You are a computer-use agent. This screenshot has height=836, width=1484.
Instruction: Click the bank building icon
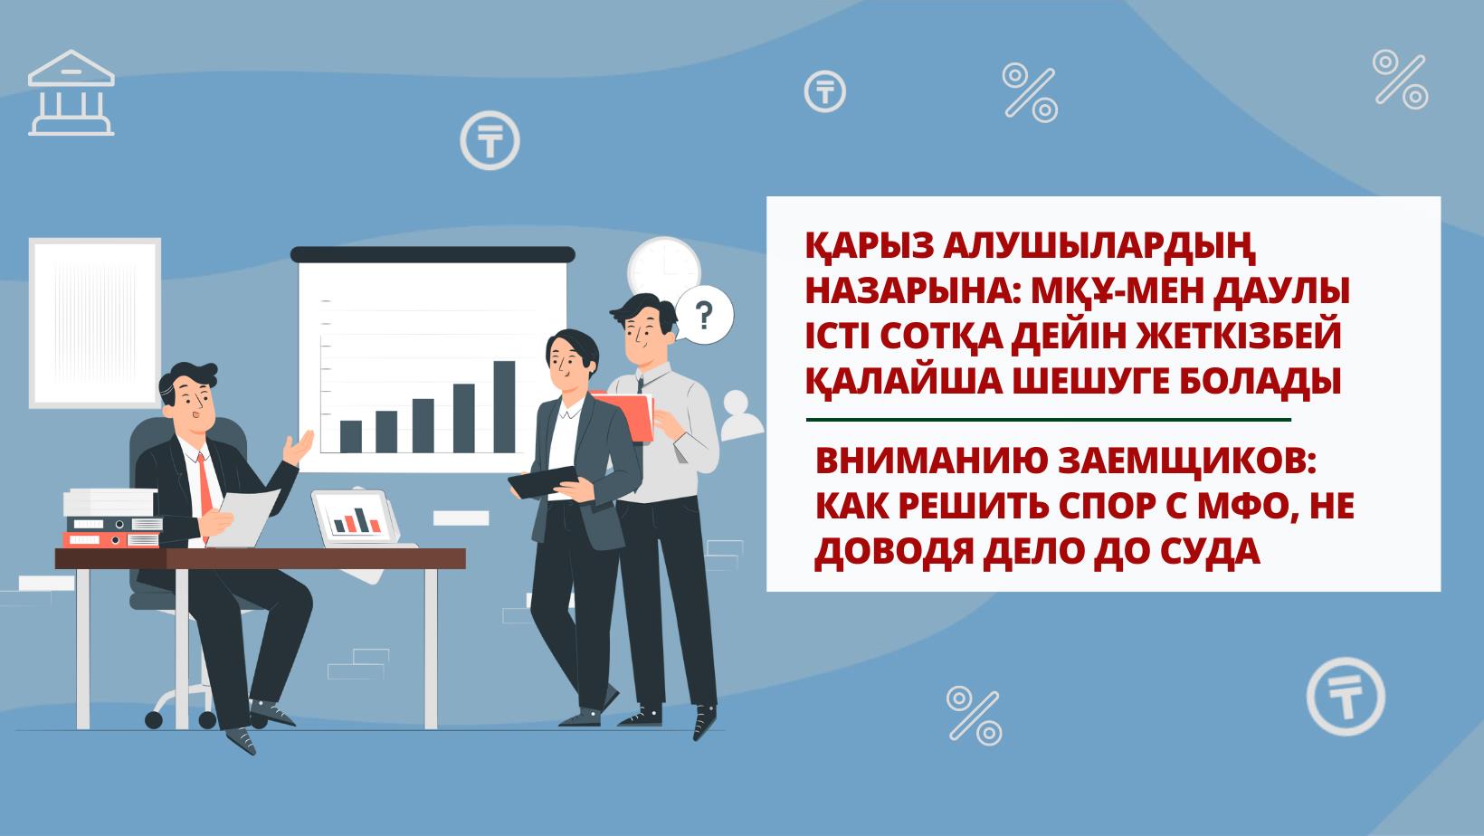coord(71,93)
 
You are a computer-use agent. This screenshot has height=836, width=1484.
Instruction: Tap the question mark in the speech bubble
coord(704,315)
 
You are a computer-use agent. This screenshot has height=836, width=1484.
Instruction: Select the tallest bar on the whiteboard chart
coord(504,407)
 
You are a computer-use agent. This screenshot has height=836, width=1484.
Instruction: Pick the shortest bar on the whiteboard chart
coord(350,437)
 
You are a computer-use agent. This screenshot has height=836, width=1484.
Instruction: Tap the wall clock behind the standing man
coord(664,269)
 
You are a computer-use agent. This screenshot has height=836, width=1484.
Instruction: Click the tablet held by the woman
coord(544,482)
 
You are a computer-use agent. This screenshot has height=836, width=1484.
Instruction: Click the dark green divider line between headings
coord(1048,419)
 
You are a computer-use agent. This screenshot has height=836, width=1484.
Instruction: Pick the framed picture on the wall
coord(95,323)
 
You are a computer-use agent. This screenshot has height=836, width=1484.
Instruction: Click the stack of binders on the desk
coord(112,518)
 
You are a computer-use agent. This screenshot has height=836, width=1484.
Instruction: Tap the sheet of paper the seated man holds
coord(243,518)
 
